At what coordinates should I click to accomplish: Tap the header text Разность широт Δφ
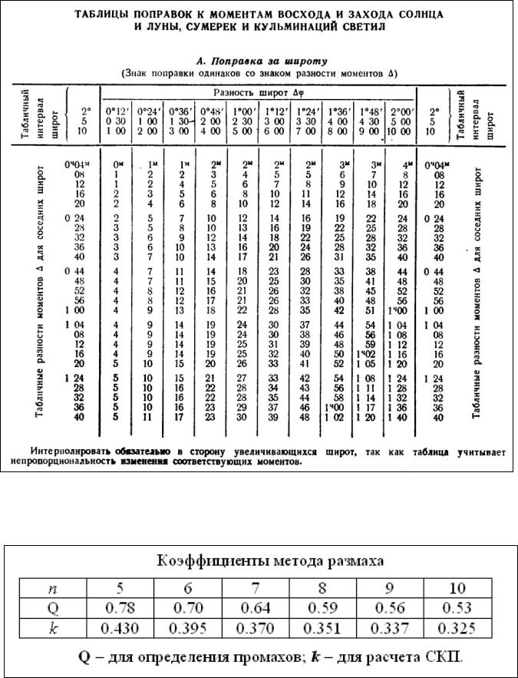(x=258, y=93)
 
